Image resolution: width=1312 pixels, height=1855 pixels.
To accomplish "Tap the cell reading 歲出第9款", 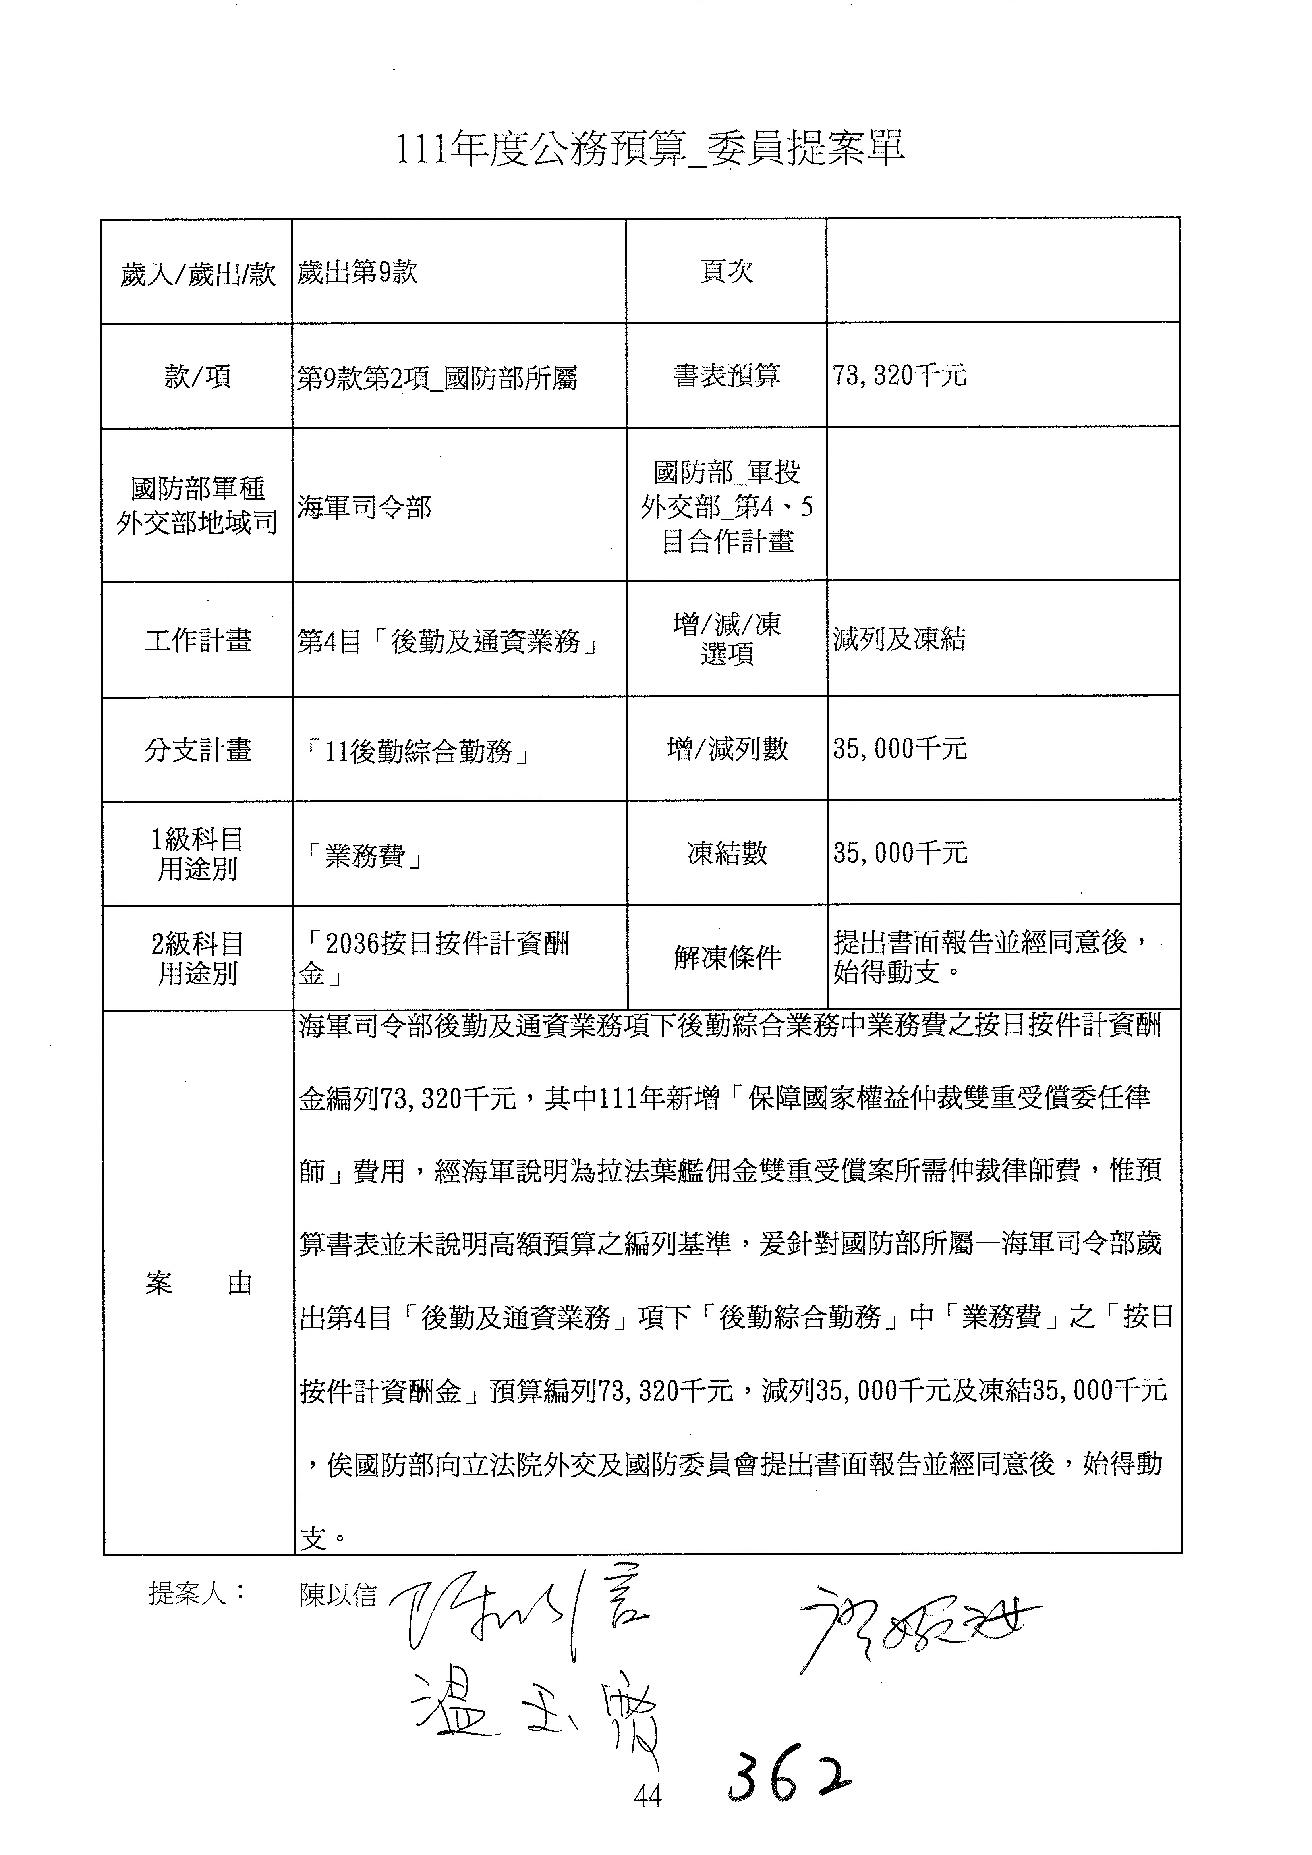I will point(358,273).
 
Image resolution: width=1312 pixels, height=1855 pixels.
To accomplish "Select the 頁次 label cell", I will point(726,272).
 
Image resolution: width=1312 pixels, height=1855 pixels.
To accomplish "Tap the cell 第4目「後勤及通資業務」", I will point(449,642).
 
